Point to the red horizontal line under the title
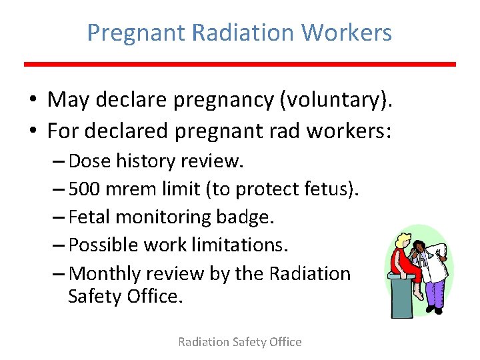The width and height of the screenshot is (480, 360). (x=240, y=64)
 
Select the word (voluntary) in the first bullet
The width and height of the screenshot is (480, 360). (x=337, y=100)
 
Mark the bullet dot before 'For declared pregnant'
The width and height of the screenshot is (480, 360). (x=33, y=131)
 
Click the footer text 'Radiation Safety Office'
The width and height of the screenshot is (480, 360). (x=239, y=342)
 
